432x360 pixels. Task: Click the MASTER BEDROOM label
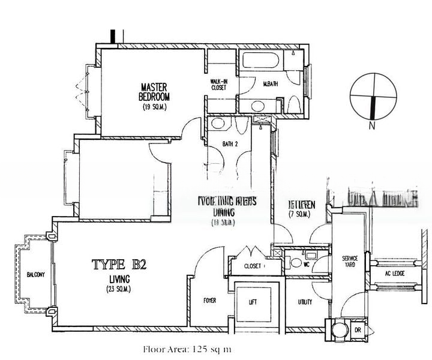[x=154, y=91]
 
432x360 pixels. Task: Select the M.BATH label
[x=271, y=84]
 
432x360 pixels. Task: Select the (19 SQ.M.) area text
[x=154, y=107]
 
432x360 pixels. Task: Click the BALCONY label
[x=36, y=275]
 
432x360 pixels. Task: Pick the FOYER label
[x=209, y=301]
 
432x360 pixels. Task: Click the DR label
[x=358, y=330]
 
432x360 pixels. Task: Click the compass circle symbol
[x=373, y=95]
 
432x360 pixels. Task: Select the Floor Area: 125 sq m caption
[x=179, y=349]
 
